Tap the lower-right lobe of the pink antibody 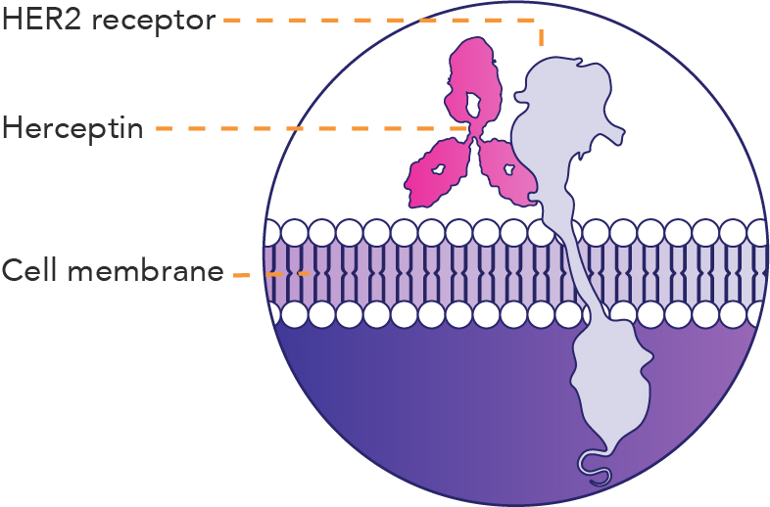pos(507,168)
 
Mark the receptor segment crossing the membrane pos(578,274)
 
